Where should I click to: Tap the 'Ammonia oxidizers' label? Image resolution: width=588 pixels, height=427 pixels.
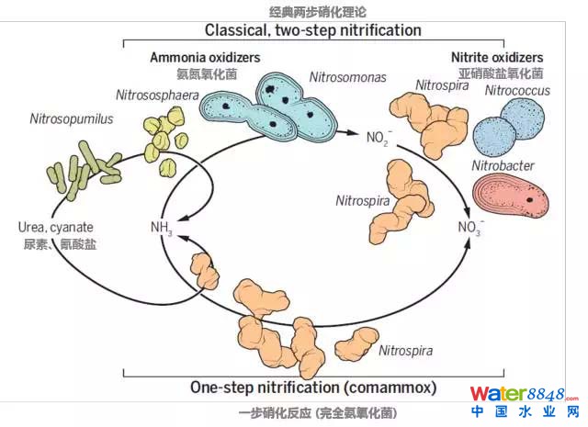205,57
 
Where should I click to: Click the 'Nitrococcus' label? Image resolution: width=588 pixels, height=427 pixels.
516,92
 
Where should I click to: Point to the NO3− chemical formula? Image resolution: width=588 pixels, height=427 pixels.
469,227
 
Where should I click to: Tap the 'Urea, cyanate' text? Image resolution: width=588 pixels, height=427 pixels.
55,227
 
